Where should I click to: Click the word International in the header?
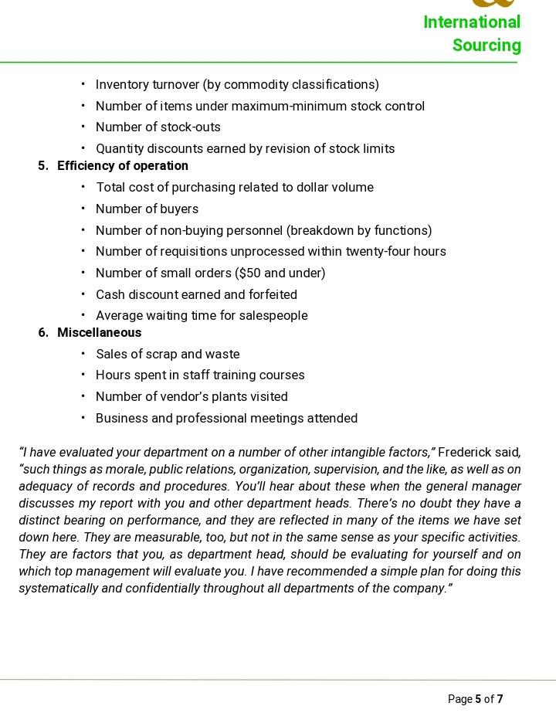tap(472, 22)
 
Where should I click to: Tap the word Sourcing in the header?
tap(486, 46)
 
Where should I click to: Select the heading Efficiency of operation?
tap(123, 166)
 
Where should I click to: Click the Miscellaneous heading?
tap(99, 333)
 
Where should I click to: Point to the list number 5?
tap(42, 166)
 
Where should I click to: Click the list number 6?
tap(42, 333)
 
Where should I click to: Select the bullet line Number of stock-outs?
tap(158, 127)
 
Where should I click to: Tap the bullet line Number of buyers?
tap(147, 209)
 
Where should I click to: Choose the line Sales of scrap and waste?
tap(168, 355)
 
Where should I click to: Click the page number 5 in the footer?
tap(478, 700)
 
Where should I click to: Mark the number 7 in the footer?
tap(500, 700)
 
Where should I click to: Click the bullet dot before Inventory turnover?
tap(83, 85)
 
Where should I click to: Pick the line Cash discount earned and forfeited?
tap(196, 295)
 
